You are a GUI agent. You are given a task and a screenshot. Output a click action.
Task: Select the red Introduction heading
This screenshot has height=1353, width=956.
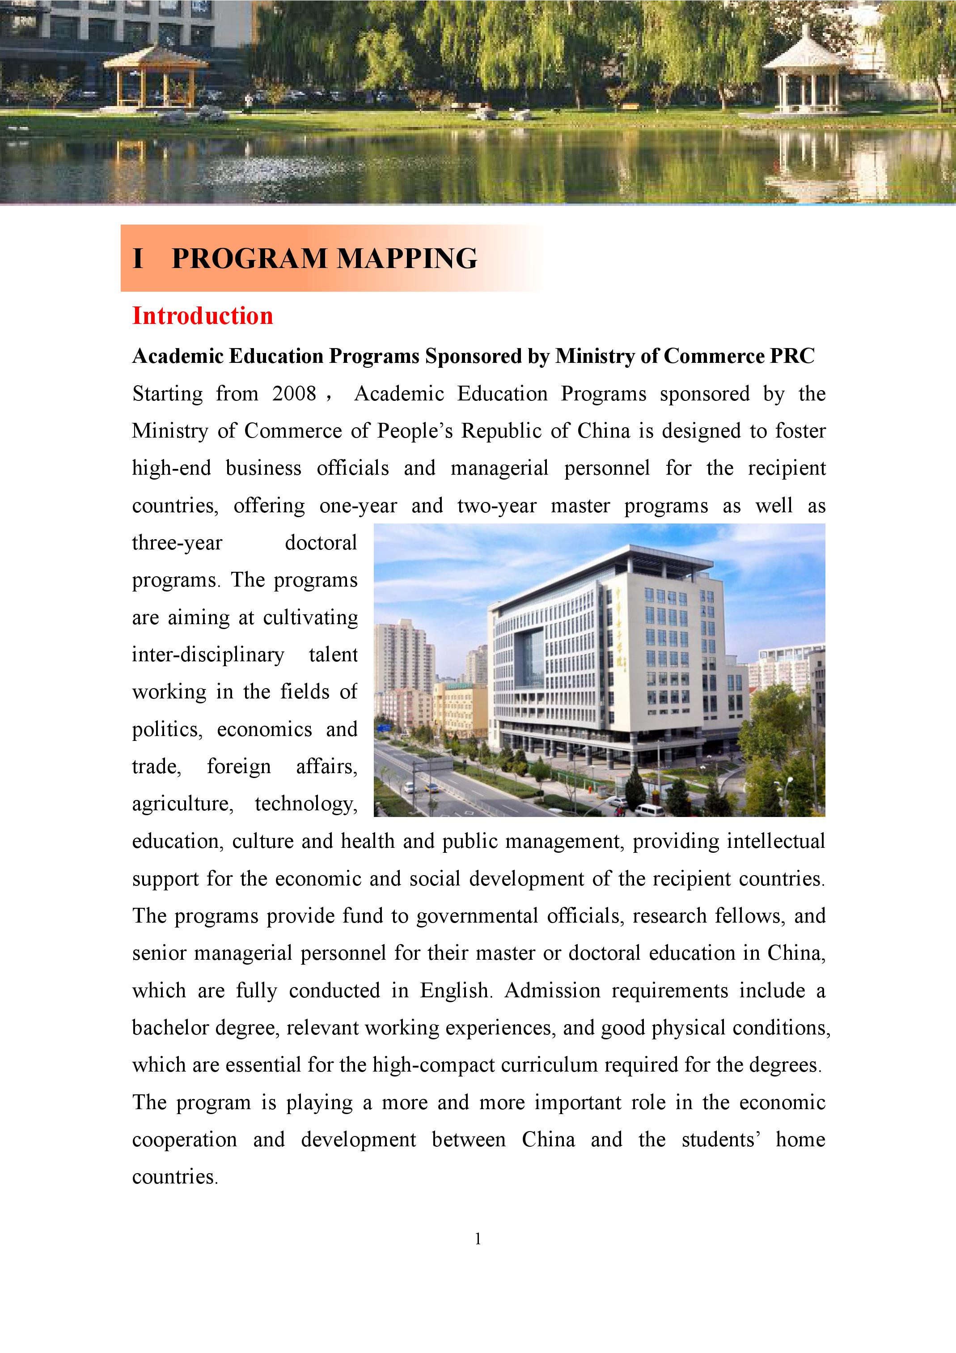click(203, 316)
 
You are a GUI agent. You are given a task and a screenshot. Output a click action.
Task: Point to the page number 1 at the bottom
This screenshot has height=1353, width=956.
click(478, 1239)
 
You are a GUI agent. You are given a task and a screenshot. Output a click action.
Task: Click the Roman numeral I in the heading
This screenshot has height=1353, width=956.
click(138, 259)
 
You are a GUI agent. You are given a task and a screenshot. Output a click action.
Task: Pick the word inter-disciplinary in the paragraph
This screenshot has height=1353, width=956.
click(208, 655)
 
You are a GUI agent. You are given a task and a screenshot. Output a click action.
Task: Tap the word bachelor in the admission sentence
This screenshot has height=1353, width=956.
click(170, 1028)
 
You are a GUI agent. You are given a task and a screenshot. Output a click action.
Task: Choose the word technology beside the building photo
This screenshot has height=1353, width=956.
click(306, 804)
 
